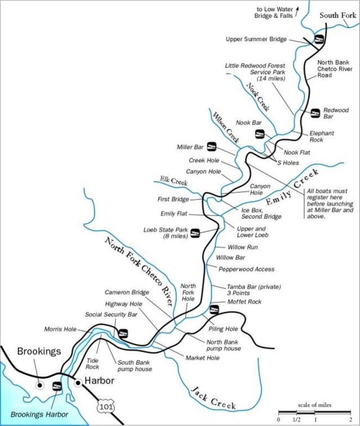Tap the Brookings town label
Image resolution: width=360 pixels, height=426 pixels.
(x=39, y=351)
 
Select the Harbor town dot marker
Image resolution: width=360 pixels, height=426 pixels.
(x=79, y=383)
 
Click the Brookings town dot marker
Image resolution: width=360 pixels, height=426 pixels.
(x=39, y=386)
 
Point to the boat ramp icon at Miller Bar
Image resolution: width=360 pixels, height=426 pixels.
(x=212, y=147)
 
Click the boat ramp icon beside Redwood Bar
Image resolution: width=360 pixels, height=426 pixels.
(x=316, y=112)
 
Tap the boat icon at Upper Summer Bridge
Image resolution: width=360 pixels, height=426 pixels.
(x=319, y=39)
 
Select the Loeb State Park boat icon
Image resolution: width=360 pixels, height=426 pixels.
(x=196, y=233)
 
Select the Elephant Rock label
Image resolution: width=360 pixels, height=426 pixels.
(x=322, y=136)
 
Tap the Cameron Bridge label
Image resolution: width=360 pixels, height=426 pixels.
(x=127, y=292)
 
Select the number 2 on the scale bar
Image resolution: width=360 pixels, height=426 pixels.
(x=350, y=419)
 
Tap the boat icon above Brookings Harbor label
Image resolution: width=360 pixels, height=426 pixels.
(x=56, y=386)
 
